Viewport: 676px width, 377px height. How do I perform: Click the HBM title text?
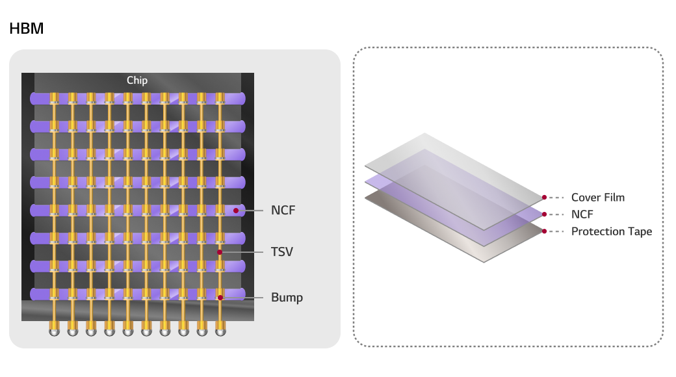(27, 29)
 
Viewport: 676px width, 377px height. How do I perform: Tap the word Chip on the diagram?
(137, 81)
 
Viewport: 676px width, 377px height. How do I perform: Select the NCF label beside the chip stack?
(283, 211)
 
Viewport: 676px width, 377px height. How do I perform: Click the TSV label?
(282, 252)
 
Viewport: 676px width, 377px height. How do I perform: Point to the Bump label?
(287, 298)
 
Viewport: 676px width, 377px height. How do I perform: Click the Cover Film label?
(597, 197)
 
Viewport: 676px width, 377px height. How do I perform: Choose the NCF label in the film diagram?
(582, 214)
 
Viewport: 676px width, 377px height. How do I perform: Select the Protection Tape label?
(611, 231)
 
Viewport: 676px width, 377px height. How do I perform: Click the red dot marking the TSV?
(220, 252)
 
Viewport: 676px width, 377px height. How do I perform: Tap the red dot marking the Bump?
(220, 298)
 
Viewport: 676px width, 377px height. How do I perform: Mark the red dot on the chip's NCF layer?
(236, 211)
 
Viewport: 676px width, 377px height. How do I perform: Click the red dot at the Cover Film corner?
(544, 197)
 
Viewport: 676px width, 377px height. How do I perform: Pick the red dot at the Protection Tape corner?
(544, 231)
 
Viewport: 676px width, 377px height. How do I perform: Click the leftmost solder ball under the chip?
(54, 331)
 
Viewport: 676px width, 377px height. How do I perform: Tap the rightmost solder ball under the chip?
(220, 331)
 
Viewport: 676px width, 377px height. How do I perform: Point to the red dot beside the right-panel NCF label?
(544, 214)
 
